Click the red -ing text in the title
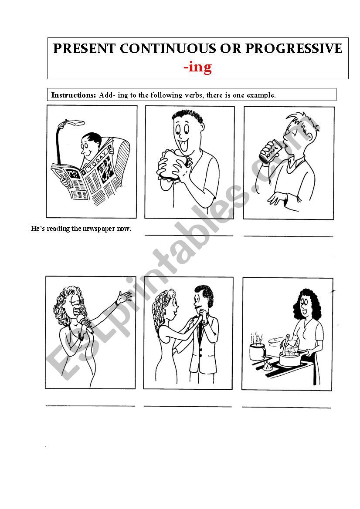click(197, 67)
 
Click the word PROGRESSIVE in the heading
click(293, 48)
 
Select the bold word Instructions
click(73, 95)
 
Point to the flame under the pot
click(268, 366)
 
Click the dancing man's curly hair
click(204, 294)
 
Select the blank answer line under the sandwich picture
click(189, 235)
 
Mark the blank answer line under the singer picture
click(90, 406)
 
